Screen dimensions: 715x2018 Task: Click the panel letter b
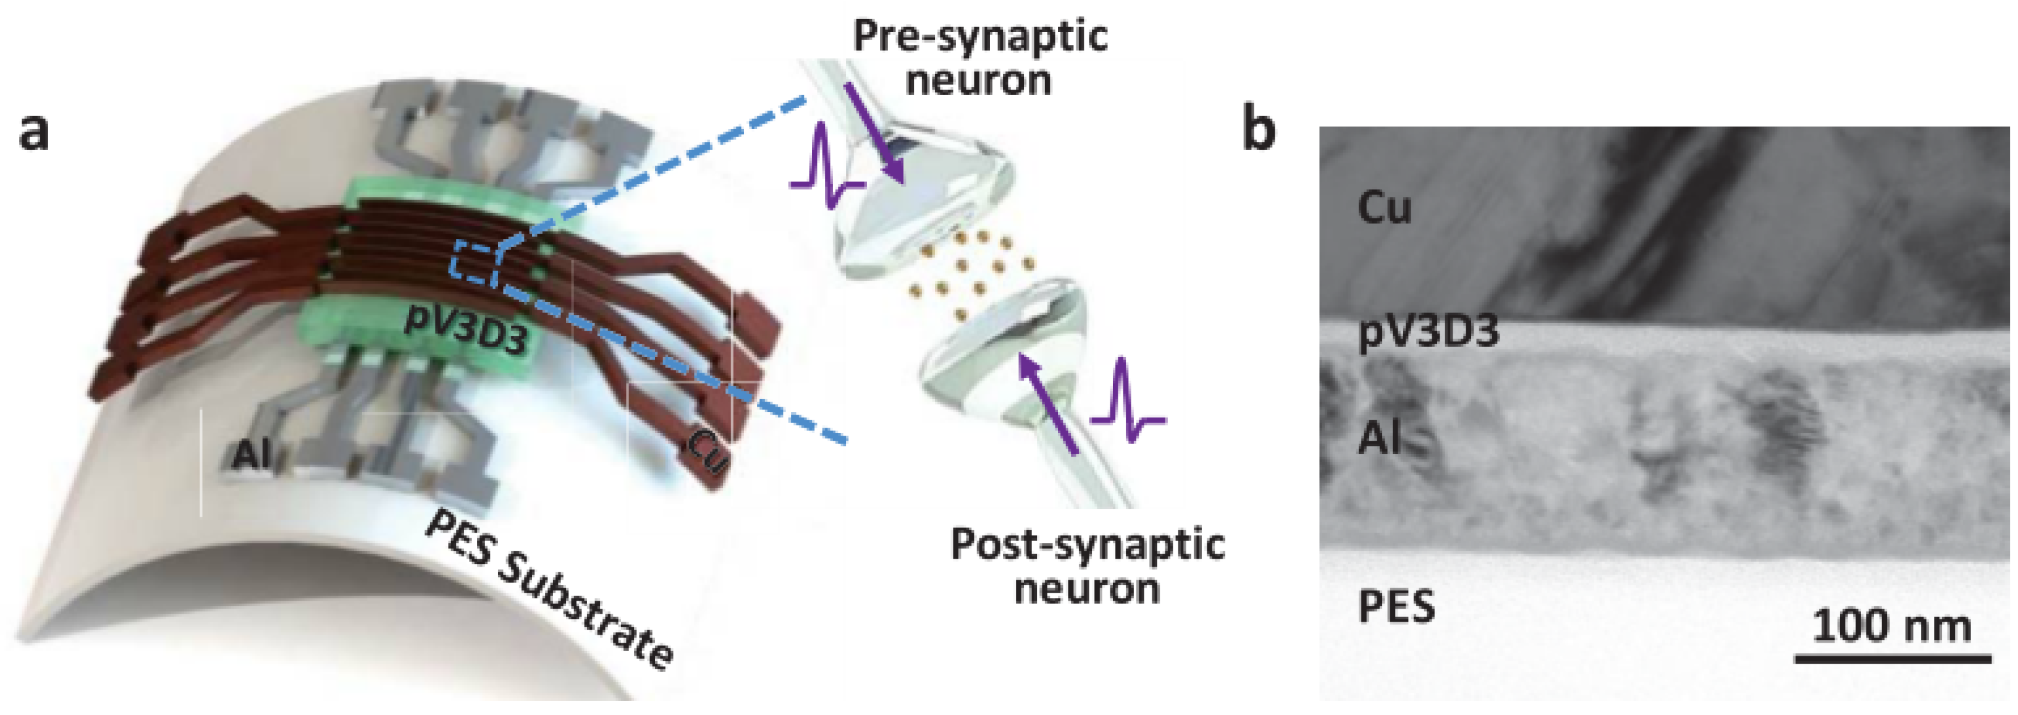click(x=1259, y=129)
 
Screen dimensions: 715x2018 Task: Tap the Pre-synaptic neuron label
click(x=979, y=59)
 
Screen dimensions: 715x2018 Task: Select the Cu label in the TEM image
click(x=1384, y=208)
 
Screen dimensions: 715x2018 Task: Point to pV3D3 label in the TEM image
click(x=1428, y=331)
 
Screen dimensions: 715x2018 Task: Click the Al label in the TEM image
click(x=1378, y=436)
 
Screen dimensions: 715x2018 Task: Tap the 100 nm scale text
click(x=1892, y=626)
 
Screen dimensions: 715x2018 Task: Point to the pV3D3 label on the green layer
click(x=465, y=334)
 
